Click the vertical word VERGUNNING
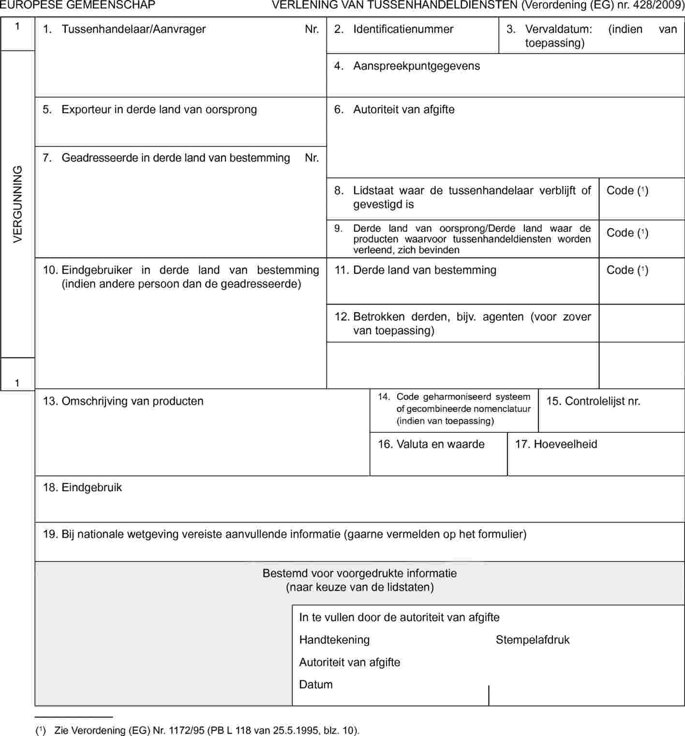coord(18,204)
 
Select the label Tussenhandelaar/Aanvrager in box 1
coord(134,29)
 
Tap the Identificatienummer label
coord(403,29)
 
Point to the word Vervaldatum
coord(558,29)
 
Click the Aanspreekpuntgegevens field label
coord(417,66)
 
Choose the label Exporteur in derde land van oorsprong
coord(159,109)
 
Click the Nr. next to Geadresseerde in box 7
coord(312,158)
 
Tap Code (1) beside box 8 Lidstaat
coord(627,191)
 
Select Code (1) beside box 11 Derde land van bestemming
coord(627,270)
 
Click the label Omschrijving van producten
coord(133,401)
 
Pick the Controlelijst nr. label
coord(602,401)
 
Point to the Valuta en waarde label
coord(440,444)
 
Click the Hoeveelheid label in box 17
coord(565,444)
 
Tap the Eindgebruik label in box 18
coord(91,487)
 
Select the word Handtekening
coord(334,640)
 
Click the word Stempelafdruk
coord(533,640)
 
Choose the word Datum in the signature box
coord(316,684)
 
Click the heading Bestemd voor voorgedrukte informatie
coord(359,574)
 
